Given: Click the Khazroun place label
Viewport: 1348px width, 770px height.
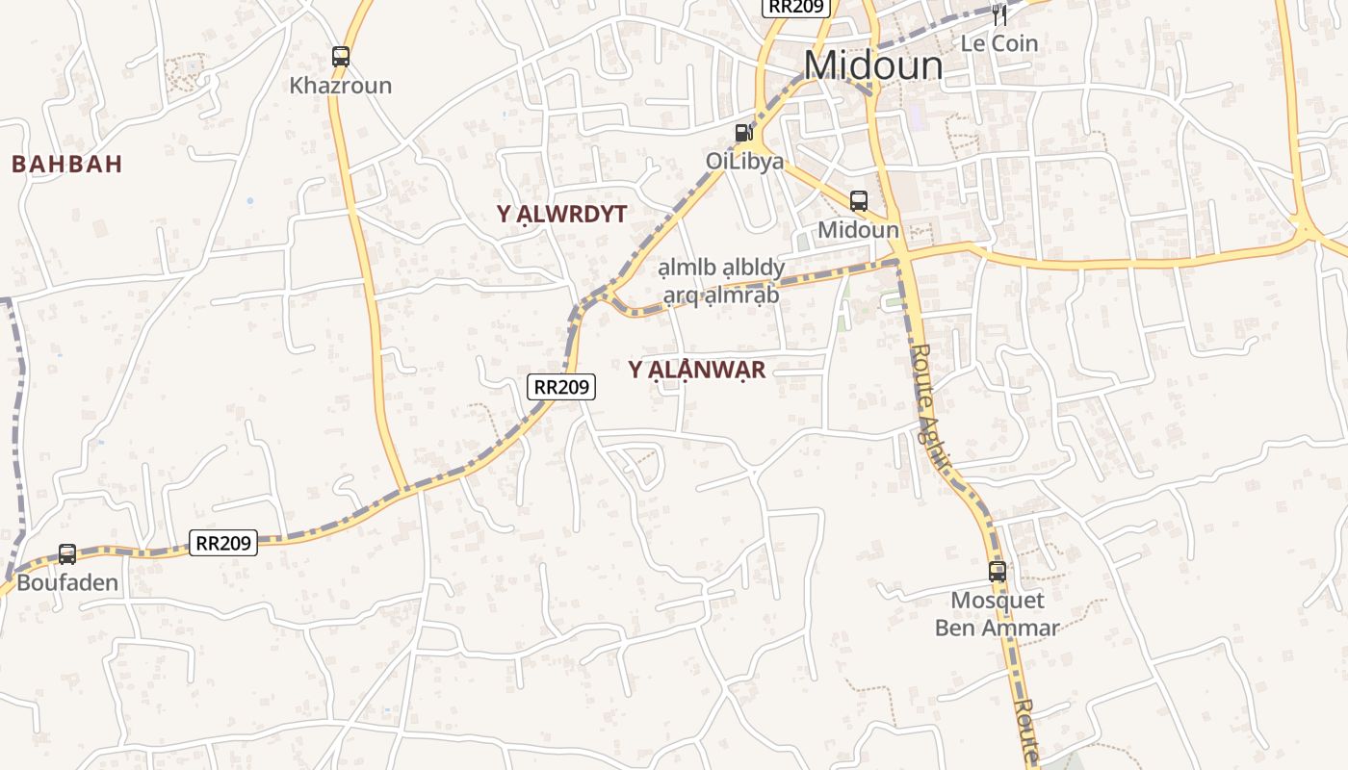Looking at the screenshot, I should pos(341,86).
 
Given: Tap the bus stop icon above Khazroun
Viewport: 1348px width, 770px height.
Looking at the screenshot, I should pos(341,57).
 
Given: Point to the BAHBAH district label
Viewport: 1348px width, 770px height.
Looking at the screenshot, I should pos(67,164).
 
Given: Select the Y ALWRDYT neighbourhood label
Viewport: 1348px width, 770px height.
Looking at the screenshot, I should pos(562,215).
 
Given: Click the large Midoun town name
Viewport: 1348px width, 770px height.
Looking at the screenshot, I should pos(873,65).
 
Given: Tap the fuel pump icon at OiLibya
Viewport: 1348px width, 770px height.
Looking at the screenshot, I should pos(743,133).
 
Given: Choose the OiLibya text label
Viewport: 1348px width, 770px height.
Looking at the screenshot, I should pos(744,161).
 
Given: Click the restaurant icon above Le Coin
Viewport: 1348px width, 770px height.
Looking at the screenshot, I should pos(999,14).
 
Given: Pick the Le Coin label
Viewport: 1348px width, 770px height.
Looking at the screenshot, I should pos(999,43).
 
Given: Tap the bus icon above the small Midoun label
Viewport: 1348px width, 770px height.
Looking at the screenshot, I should pos(858,201).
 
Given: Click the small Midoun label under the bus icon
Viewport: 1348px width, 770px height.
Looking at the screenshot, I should pos(858,230).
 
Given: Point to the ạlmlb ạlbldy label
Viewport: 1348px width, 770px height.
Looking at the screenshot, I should pos(721,268).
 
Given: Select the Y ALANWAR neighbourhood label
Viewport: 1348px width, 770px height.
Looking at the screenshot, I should pos(697,371).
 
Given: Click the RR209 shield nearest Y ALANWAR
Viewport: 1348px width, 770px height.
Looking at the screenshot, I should pos(562,387).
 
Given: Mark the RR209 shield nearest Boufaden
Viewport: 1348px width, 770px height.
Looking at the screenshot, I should pos(223,543).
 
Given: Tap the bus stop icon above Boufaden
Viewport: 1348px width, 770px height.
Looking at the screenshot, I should pos(67,554).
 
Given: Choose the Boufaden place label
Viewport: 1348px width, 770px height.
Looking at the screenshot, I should pos(67,582).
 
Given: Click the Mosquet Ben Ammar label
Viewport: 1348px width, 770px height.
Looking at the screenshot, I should pos(997,614).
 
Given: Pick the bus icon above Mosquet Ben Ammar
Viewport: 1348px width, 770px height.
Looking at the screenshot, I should pos(998,571).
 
